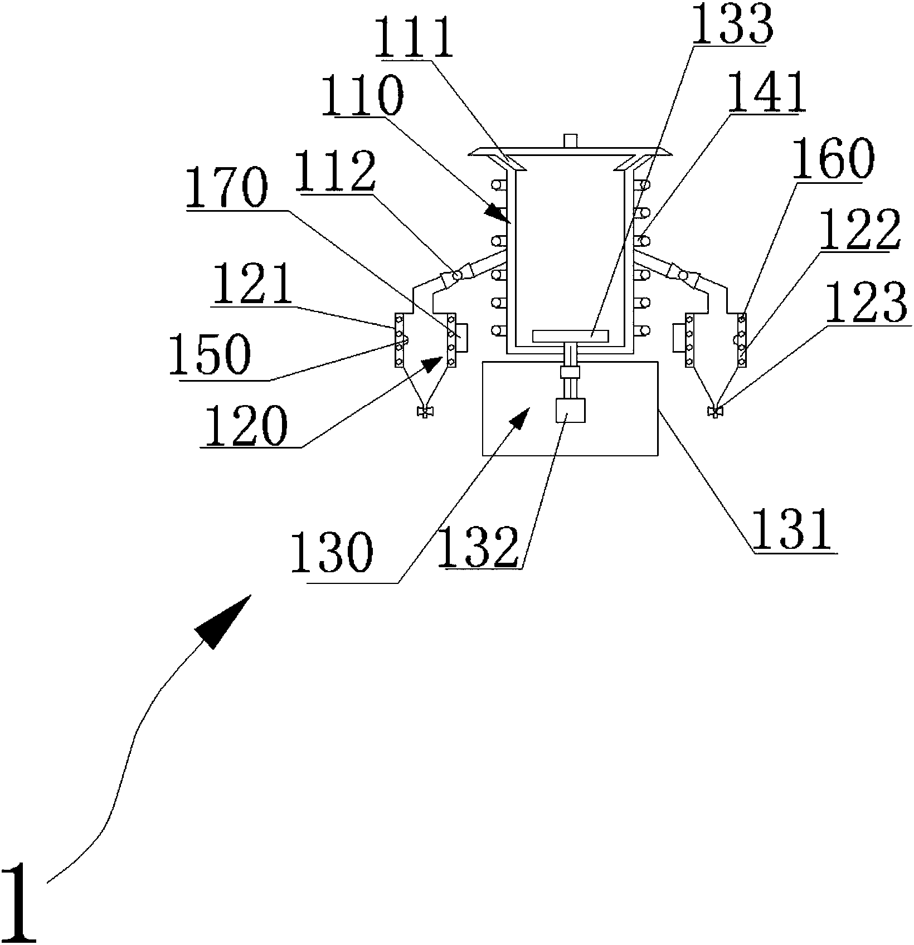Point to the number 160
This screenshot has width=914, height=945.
click(x=833, y=159)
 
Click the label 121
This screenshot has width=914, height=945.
click(x=252, y=283)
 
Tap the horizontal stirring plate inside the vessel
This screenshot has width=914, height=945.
click(x=570, y=336)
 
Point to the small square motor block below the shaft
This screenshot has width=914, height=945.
click(x=570, y=411)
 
